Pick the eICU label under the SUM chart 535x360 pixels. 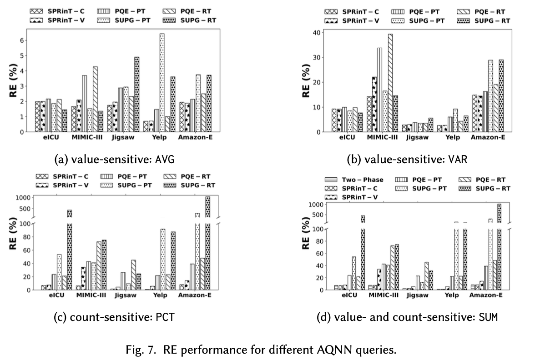coord(350,295)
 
